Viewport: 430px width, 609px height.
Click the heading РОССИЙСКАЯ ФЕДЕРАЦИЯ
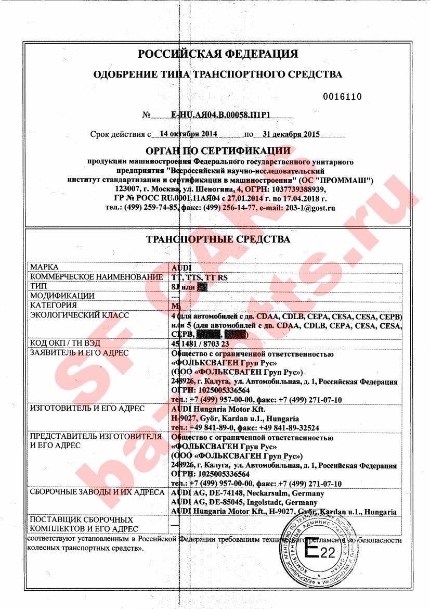click(x=217, y=54)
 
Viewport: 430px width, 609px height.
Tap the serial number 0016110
click(x=342, y=97)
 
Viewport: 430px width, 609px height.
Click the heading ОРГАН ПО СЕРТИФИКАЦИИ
click(x=217, y=151)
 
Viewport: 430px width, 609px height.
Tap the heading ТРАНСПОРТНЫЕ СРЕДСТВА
click(x=217, y=239)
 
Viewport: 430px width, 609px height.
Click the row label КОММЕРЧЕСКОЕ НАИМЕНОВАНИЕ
click(x=96, y=277)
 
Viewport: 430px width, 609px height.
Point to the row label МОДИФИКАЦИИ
click(x=62, y=296)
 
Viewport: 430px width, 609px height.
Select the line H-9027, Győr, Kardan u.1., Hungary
click(x=234, y=418)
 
